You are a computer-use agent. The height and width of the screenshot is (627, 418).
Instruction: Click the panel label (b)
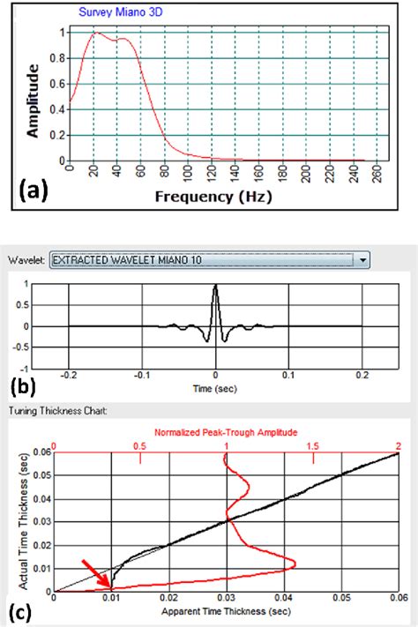coord(26,385)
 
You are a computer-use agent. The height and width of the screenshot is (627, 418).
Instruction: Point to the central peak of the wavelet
coord(216,286)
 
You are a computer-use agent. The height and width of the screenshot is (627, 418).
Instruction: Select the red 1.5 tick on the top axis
coord(313,446)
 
